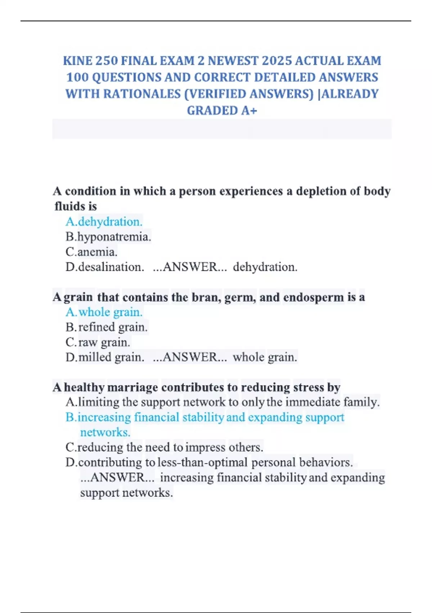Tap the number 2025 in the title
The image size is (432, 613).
coord(276,61)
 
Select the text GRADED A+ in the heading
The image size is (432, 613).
coord(222,110)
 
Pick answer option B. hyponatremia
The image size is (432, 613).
coord(108,237)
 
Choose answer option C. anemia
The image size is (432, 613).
coord(91,252)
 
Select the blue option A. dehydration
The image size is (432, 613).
coord(104,222)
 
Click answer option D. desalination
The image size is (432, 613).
coord(105,267)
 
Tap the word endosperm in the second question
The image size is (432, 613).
coord(313,297)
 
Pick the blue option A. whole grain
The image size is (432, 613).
coord(104,312)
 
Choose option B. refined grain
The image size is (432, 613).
coord(107,327)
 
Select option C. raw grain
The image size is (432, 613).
coord(98,342)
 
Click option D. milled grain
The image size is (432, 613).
coord(105,357)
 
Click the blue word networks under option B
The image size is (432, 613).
coord(105,432)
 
